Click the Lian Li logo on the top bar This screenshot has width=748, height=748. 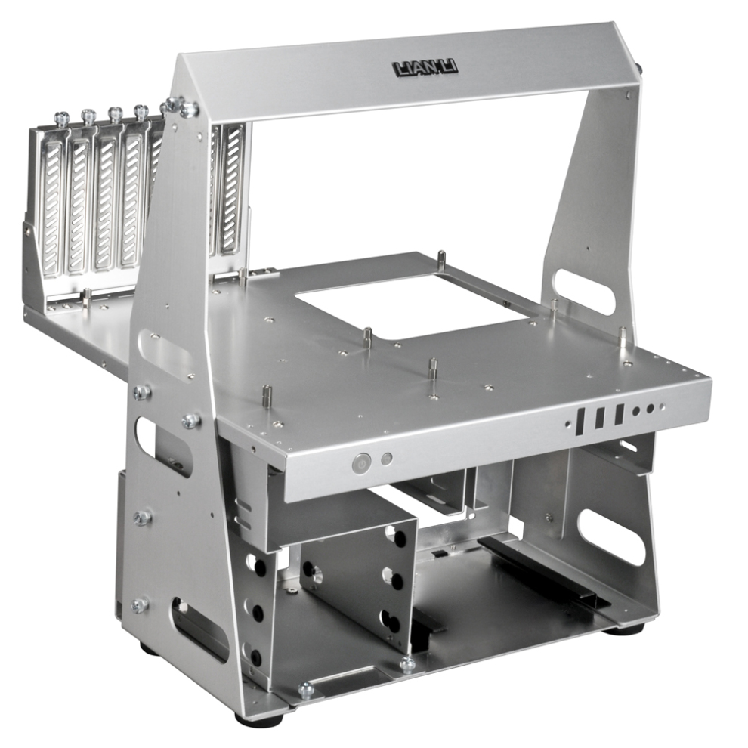[425, 68]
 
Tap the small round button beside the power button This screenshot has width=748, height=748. [387, 459]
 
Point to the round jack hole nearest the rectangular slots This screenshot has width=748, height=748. [636, 411]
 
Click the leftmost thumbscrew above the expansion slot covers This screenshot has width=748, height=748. [61, 116]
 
